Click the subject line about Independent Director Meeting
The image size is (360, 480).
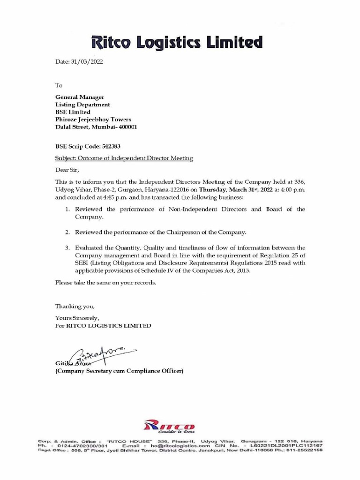point(124,159)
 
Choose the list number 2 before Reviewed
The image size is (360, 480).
point(68,232)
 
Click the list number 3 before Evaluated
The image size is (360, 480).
point(68,247)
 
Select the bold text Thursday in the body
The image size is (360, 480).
point(214,189)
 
